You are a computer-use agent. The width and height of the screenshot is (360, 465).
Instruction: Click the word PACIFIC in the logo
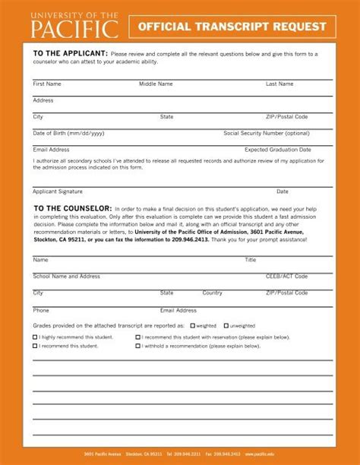click(74, 30)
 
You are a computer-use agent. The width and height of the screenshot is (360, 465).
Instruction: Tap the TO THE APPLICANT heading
click(69, 54)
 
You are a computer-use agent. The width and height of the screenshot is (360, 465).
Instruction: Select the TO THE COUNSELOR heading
click(73, 207)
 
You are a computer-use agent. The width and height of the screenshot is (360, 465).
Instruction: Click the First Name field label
click(47, 84)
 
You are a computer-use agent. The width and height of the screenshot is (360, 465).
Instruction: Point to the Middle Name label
click(156, 84)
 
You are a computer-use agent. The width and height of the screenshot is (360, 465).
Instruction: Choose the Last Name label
click(279, 84)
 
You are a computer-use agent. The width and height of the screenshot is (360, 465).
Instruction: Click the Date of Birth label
click(69, 133)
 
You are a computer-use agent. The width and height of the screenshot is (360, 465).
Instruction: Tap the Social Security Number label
click(267, 133)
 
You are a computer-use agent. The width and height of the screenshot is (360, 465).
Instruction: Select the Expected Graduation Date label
click(278, 150)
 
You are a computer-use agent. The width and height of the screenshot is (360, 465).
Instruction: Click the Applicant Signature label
click(58, 191)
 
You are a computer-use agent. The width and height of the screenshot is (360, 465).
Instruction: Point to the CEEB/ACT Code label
click(286, 276)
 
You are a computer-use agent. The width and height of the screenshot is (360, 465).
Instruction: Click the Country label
click(212, 293)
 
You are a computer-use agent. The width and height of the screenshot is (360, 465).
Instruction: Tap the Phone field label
click(41, 310)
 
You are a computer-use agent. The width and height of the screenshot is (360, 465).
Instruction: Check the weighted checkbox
click(193, 325)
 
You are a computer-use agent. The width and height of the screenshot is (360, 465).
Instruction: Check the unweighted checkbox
click(226, 325)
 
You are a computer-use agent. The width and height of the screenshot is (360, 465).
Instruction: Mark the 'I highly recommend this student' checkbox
click(35, 337)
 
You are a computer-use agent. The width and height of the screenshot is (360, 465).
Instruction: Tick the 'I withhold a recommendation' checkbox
click(138, 346)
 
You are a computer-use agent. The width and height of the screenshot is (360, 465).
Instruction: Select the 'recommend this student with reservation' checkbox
click(138, 337)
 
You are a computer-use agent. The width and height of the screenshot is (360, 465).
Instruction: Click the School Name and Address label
click(67, 276)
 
